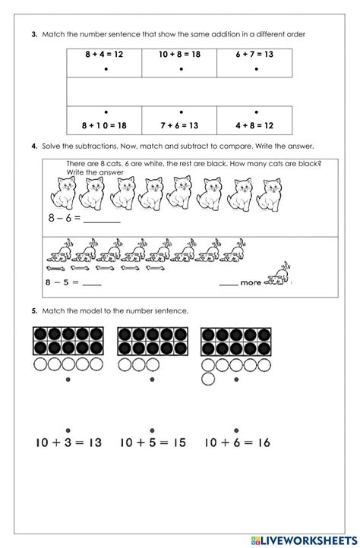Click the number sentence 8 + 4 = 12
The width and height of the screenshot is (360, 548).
[x=104, y=55]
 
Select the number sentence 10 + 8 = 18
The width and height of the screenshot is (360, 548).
[x=180, y=55]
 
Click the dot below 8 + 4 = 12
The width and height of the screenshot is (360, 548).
[x=105, y=69]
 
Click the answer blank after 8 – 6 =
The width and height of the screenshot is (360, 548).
[x=101, y=221]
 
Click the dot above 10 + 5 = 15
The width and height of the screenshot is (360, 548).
[x=152, y=427]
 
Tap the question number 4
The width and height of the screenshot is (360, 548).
[x=34, y=146]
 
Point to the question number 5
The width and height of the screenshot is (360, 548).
[x=34, y=310]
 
